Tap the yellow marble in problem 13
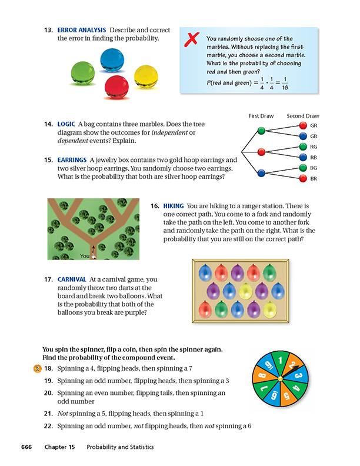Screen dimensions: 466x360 pos(146,75)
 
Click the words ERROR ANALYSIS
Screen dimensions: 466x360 pos(82,29)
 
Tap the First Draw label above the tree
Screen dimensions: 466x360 pos(261,116)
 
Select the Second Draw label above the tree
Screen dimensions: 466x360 pos(303,116)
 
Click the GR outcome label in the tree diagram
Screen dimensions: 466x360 pos(314,126)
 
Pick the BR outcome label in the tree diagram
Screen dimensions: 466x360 pos(314,178)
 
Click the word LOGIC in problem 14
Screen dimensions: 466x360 pos(67,125)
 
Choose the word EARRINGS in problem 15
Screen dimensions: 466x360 pos(72,159)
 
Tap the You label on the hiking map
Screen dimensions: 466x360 pos(85,256)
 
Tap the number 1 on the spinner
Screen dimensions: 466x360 pos(282,360)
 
